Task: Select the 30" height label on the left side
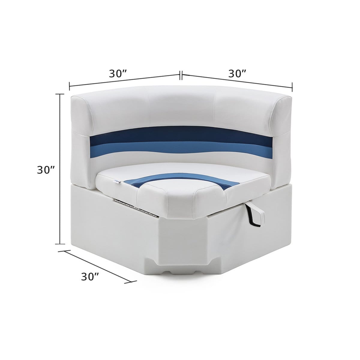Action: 46,170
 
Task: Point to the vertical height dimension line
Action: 60,168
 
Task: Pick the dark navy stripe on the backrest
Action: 180,136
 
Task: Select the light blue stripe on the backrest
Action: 180,147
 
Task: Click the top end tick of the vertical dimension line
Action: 60,94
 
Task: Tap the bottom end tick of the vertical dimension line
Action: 60,244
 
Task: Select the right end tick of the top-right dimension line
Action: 292,87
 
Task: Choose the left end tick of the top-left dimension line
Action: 70,86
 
